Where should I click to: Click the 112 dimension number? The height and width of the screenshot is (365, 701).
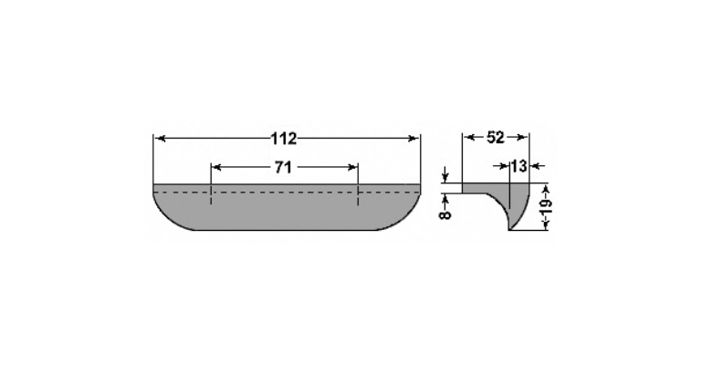point(284,139)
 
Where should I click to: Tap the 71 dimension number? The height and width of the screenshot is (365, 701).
point(283,168)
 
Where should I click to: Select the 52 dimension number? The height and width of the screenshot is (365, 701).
point(495,138)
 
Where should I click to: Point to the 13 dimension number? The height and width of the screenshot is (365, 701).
point(518,166)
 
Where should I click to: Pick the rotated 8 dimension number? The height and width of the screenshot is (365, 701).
point(445,214)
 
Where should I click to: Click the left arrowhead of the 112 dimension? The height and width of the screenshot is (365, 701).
point(159,139)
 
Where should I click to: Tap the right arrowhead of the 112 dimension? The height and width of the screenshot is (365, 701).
point(414,139)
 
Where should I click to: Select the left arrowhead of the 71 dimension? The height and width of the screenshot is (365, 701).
point(216,168)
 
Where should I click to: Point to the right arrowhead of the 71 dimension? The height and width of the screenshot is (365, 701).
point(352,168)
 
